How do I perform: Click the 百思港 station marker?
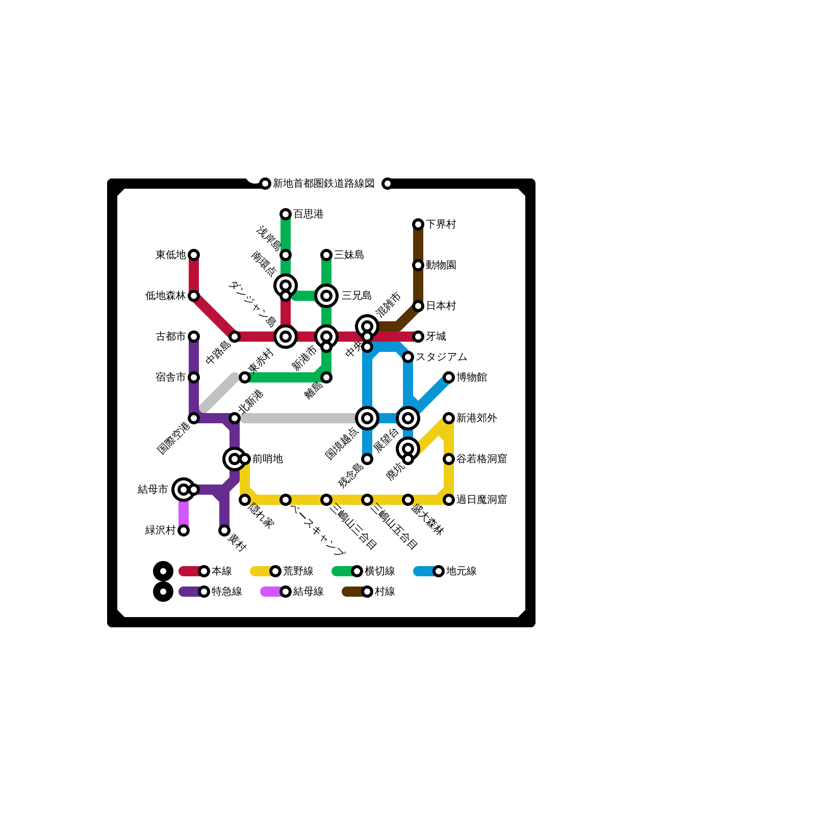pos(286,214)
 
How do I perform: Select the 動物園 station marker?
pos(418,265)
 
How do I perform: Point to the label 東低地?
pos(170,255)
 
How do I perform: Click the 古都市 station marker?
pos(194,337)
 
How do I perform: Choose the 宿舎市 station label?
pos(170,377)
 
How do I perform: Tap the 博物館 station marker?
pos(449,377)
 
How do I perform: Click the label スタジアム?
pos(441,357)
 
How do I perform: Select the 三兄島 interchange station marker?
pos(326,296)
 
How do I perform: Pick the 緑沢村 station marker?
pos(184,530)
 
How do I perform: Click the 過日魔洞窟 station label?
pos(481,500)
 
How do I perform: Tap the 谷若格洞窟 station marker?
pos(449,459)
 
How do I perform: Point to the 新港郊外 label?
pos(476,418)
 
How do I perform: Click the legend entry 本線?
pos(221,571)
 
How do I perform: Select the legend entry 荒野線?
pos(298,571)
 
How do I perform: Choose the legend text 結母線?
pos(308,592)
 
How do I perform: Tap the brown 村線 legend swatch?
pos(352,592)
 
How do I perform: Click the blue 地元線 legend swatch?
pos(423,571)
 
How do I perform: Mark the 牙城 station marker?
pos(418,337)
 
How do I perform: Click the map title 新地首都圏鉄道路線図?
pos(323,184)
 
